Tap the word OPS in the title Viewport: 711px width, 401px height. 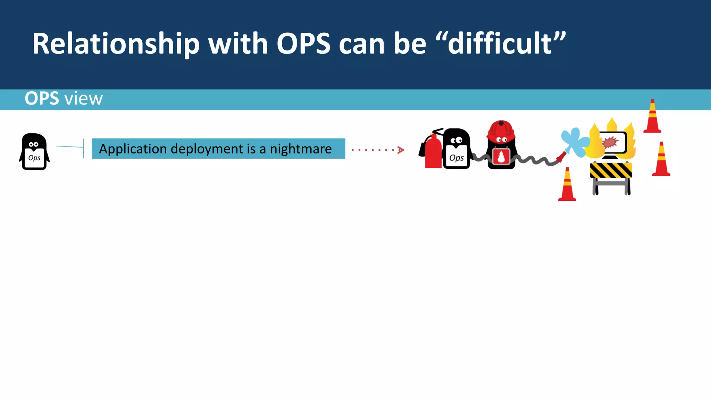(303, 44)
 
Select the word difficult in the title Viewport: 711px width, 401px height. (500, 44)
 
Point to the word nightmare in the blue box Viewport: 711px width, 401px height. (301, 149)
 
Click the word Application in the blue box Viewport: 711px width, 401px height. (133, 149)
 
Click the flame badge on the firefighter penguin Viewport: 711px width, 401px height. (501, 157)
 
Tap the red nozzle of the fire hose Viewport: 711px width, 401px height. (561, 157)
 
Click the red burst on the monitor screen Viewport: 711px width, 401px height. (610, 142)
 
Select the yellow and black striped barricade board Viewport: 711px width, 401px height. (611, 170)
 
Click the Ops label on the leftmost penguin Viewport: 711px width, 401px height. (34, 158)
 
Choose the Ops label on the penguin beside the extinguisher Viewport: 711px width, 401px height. (457, 158)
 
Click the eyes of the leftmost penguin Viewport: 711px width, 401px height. (34, 144)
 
